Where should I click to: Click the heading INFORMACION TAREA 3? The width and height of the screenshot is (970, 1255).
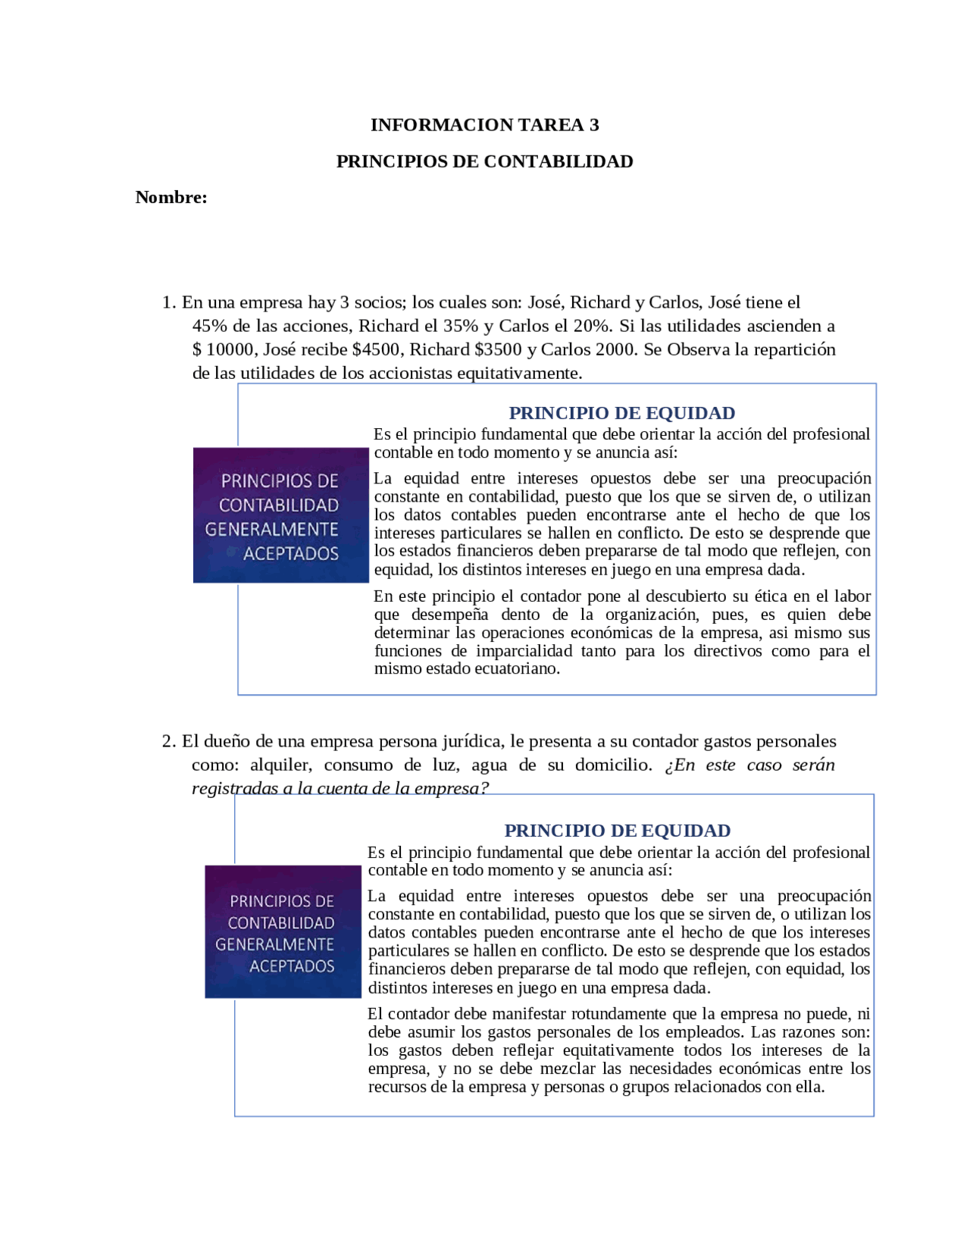point(484,125)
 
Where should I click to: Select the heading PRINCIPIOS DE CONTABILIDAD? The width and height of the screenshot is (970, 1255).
point(484,161)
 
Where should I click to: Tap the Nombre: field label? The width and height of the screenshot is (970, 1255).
point(171,198)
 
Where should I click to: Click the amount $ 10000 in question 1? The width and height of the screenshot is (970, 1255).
point(223,349)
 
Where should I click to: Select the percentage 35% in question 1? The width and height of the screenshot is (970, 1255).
point(460,326)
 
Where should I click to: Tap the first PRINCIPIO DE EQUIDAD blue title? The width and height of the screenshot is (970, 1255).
point(621,413)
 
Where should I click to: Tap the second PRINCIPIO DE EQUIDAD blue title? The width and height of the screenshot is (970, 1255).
point(617,831)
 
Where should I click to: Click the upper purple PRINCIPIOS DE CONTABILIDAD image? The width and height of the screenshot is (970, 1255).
point(280,515)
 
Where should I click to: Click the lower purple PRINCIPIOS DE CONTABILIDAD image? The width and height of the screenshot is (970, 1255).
point(283,932)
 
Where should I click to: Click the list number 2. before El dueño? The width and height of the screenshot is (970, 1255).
point(169,741)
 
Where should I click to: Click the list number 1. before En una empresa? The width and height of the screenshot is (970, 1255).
point(169,302)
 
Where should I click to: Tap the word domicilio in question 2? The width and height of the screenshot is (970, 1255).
point(612,765)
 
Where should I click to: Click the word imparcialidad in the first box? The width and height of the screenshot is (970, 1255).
point(524,651)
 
